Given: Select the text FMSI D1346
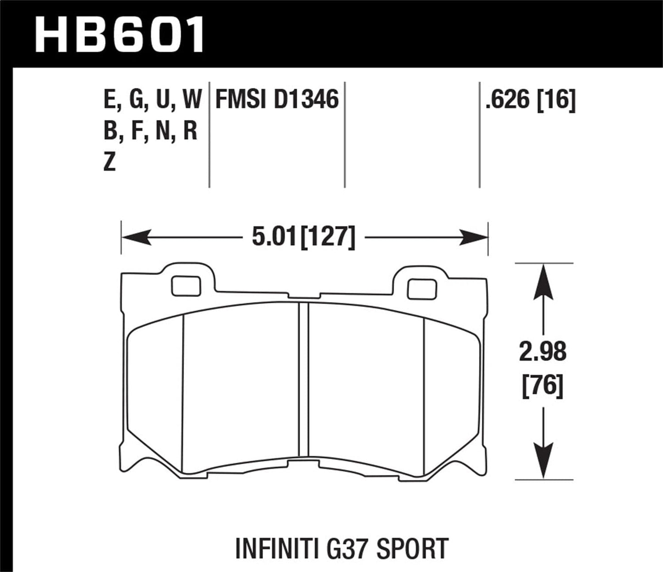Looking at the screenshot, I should [x=277, y=99].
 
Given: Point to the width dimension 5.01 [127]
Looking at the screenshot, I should [x=303, y=237].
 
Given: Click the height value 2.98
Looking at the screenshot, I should [x=543, y=352].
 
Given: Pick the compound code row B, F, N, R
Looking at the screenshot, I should [x=150, y=131].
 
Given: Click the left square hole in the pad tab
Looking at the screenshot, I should [x=186, y=286].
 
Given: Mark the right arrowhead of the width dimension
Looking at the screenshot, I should [x=473, y=238].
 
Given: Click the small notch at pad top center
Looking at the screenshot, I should [x=303, y=297].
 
